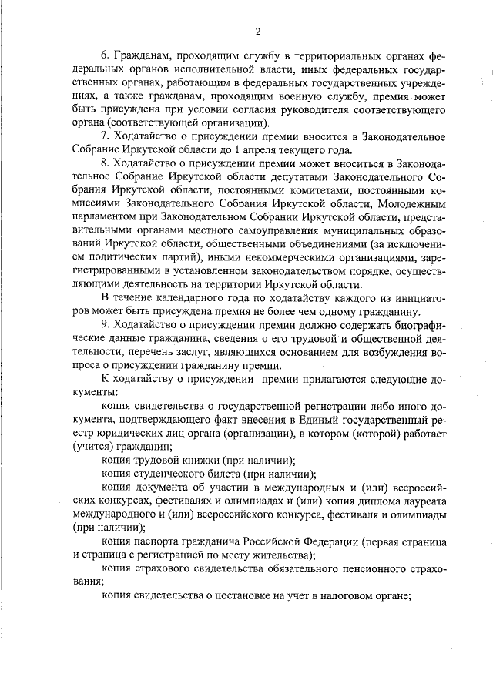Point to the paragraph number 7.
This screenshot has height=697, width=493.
point(106,136)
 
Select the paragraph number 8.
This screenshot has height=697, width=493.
point(106,163)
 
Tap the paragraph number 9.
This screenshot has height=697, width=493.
point(106,325)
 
